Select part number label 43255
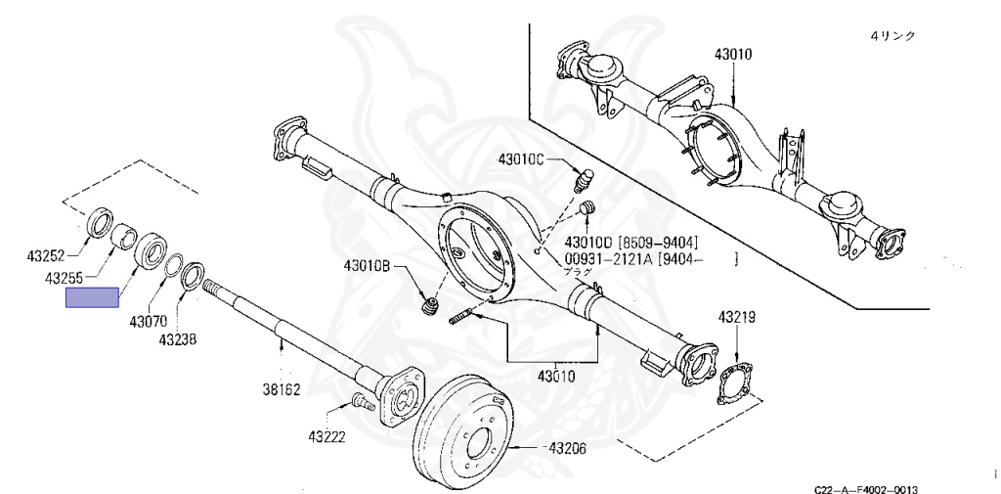click(64, 279)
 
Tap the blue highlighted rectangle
click(92, 297)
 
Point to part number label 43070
click(145, 320)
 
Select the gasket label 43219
click(737, 317)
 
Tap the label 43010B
click(368, 264)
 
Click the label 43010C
click(526, 158)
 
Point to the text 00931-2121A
click(605, 258)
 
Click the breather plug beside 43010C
click(584, 181)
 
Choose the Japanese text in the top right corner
click(892, 35)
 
